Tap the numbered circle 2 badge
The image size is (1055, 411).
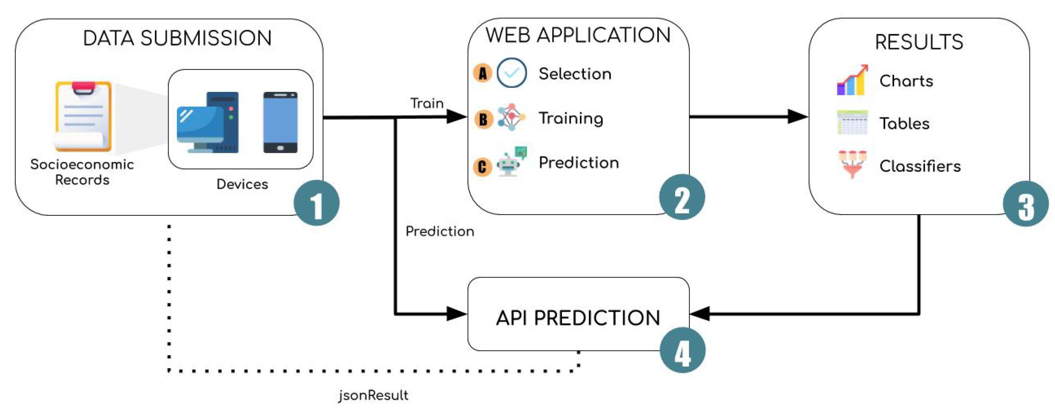click(x=682, y=197)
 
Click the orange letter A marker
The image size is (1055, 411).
click(x=483, y=73)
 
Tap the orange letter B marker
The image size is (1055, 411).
click(x=483, y=119)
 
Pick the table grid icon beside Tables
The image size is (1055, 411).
click(x=852, y=122)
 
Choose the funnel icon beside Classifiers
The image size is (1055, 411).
click(x=852, y=164)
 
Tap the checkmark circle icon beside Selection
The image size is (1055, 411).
click(x=512, y=73)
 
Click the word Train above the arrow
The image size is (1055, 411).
click(x=427, y=103)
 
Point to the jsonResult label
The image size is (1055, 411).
click(x=373, y=395)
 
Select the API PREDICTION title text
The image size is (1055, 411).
click(x=578, y=317)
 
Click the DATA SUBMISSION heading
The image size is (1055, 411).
click(x=177, y=38)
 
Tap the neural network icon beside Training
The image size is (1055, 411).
click(x=511, y=117)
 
